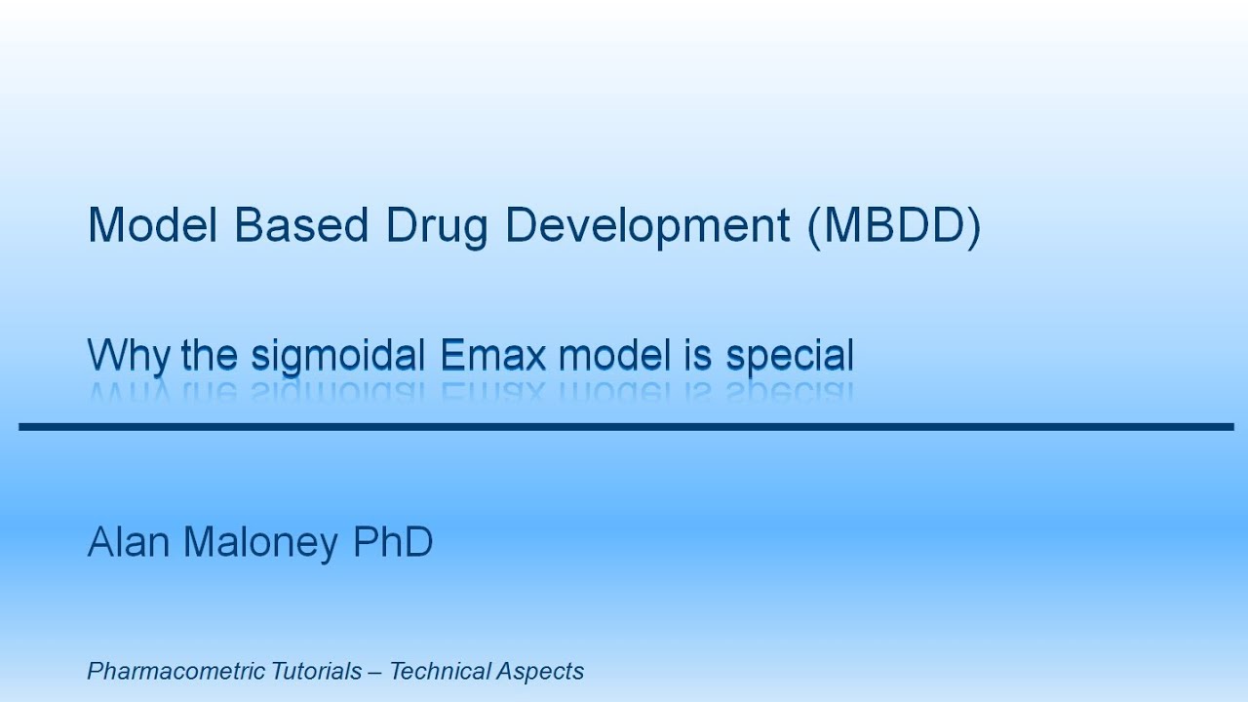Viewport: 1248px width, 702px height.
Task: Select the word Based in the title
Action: pyautogui.click(x=301, y=225)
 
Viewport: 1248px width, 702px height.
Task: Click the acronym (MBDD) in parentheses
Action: pyautogui.click(x=894, y=226)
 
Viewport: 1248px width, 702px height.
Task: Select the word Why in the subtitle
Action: pyautogui.click(x=130, y=356)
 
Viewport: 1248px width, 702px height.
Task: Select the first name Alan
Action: pyautogui.click(x=127, y=541)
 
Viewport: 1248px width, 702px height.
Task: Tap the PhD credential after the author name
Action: pyautogui.click(x=393, y=541)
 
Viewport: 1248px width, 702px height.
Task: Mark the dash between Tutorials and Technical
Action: pyautogui.click(x=376, y=672)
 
